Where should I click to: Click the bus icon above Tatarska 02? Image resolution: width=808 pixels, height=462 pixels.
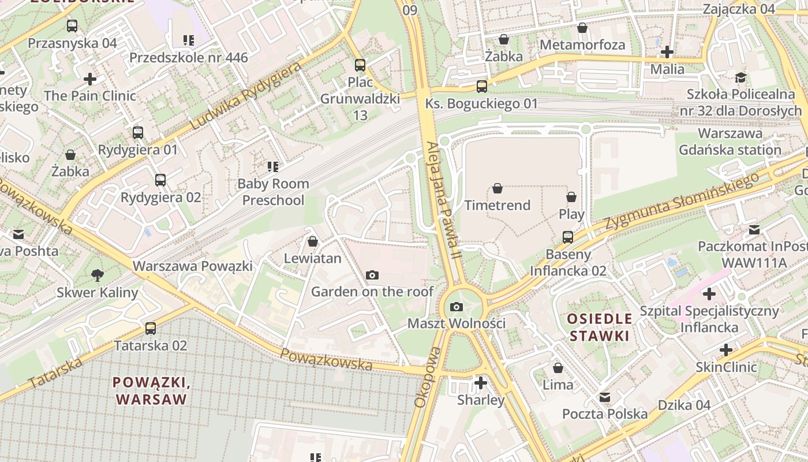point(151,329)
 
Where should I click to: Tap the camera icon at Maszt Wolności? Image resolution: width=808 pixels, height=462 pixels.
point(457,307)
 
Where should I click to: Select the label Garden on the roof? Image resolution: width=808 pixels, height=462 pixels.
point(372,292)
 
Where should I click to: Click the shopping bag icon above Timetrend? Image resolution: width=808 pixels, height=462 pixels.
point(497,188)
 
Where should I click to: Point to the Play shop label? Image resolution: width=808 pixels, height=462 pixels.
point(571,214)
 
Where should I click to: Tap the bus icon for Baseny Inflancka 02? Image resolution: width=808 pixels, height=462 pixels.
point(568,237)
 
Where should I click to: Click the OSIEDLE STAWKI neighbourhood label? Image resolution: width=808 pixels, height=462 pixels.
point(599,327)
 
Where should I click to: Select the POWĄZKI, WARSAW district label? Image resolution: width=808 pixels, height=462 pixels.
point(151,390)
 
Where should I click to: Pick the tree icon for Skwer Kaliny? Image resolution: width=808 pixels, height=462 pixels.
point(97,275)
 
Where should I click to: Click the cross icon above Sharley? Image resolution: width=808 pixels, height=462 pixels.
point(480,383)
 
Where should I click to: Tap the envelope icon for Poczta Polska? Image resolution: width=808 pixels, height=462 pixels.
point(604,397)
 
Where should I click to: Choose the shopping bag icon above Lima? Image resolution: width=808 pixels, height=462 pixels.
point(558,368)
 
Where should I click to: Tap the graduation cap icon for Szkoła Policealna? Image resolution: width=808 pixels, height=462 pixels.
point(740,78)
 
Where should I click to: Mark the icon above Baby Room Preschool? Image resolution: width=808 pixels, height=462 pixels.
point(273,167)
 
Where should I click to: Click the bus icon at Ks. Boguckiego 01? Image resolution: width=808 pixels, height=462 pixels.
point(481,87)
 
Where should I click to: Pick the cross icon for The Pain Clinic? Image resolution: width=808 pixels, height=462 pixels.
point(90,79)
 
